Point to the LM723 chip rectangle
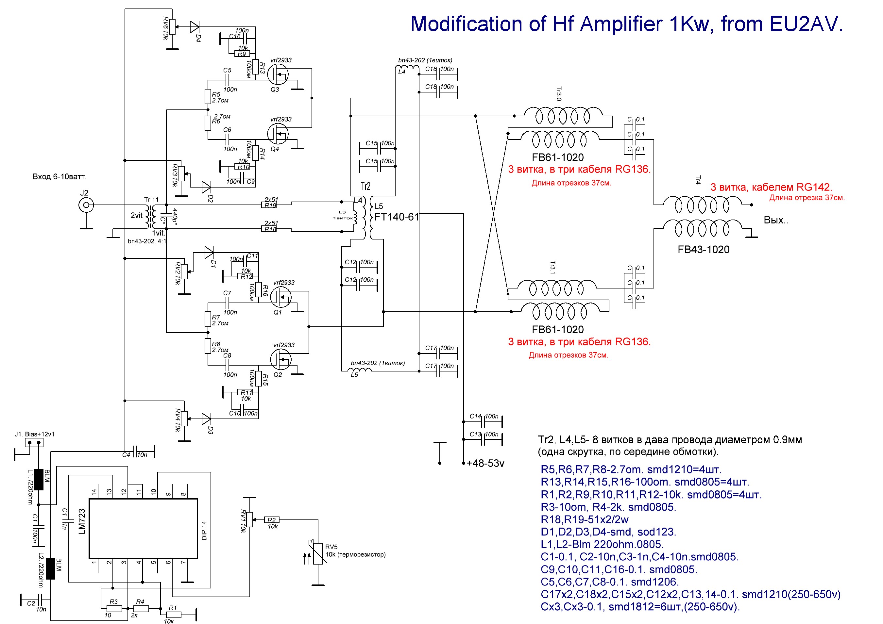pyautogui.click(x=143, y=528)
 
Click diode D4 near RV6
pyautogui.click(x=195, y=27)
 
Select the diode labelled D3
pyautogui.click(x=206, y=419)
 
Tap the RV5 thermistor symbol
pyautogui.click(x=318, y=553)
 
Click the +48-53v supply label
pyautogui.click(x=485, y=463)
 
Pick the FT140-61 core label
pyautogui.click(x=396, y=217)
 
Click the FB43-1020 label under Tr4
pyautogui.click(x=704, y=250)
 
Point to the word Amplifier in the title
pyautogui.click(x=621, y=24)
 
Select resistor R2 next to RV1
pyautogui.click(x=272, y=520)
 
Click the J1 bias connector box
pyautogui.click(x=34, y=443)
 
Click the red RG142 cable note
pyautogui.click(x=771, y=187)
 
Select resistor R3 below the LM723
pyautogui.click(x=114, y=609)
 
